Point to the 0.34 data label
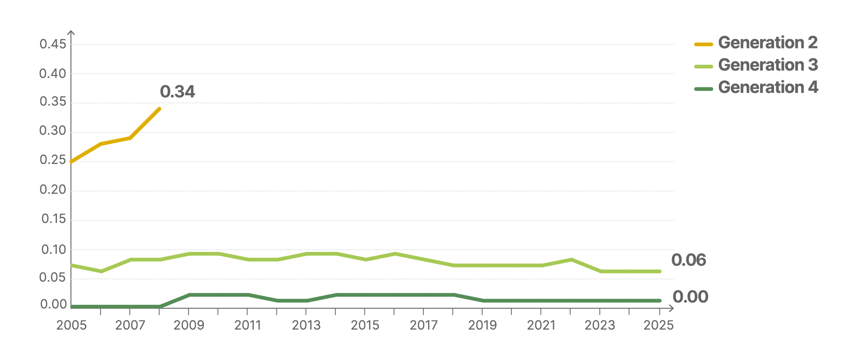[x=177, y=92]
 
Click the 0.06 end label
[x=689, y=260]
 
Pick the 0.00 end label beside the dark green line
[x=691, y=297]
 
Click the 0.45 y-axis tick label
[x=53, y=44]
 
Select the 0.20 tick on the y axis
[x=53, y=190]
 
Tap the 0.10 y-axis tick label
[x=53, y=250]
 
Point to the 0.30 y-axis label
[x=53, y=131]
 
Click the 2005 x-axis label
[x=71, y=325]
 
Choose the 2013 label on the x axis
[x=306, y=325]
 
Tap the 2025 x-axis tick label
[x=659, y=325]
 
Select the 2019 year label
[x=483, y=325]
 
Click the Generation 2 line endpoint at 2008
[x=160, y=109]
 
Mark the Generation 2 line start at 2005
[x=71, y=162]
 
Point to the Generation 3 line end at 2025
[x=659, y=272]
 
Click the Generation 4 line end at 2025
[x=659, y=301]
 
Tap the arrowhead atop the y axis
[x=71, y=32]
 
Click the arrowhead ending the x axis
[x=672, y=308]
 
